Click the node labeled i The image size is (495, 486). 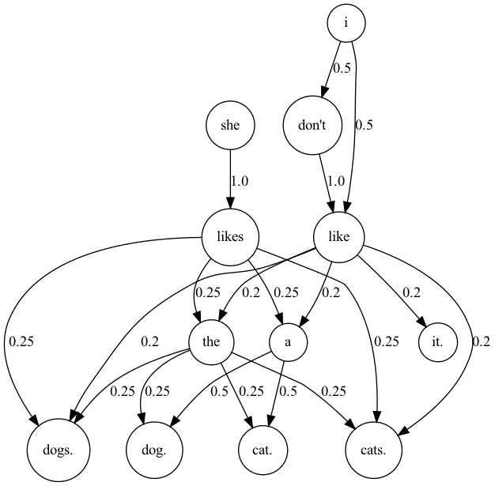tap(346, 24)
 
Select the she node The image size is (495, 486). tap(230, 125)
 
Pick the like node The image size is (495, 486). tap(338, 235)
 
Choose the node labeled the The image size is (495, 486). tap(211, 342)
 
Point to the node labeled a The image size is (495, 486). tap(288, 342)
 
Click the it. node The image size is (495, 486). tap(438, 342)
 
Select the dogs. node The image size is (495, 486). tap(59, 450)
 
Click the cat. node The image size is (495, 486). tap(263, 450)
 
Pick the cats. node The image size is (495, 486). tap(375, 450)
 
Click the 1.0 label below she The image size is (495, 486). tap(239, 181)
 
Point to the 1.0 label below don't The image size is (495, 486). tap(335, 181)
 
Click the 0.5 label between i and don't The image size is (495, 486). tap(342, 68)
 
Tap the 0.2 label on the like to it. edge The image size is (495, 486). tap(411, 292)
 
